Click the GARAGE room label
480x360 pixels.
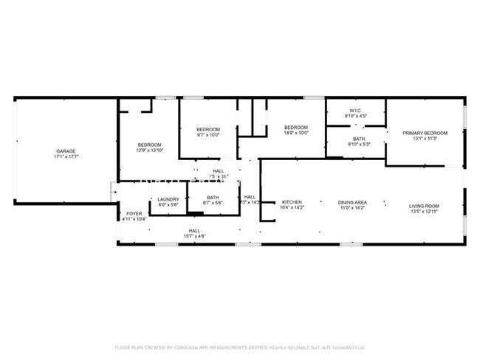[66, 150]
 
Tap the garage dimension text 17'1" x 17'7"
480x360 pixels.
[66, 157]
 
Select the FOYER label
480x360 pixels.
[133, 212]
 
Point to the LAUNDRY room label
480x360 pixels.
[168, 198]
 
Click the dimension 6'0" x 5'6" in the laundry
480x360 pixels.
[168, 204]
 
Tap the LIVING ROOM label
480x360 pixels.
[425, 206]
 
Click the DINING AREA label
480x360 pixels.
[353, 202]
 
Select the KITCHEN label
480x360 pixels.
[292, 202]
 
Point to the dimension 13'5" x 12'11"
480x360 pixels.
[425, 212]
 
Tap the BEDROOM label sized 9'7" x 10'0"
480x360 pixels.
[208, 129]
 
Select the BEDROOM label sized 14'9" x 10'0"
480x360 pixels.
[296, 127]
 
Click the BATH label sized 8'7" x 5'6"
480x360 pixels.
[213, 197]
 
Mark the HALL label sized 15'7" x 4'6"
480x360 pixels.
[194, 230]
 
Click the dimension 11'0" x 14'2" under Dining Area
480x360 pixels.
[353, 209]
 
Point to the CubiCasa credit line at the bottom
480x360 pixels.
[240, 347]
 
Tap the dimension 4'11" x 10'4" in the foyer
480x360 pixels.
[133, 219]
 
